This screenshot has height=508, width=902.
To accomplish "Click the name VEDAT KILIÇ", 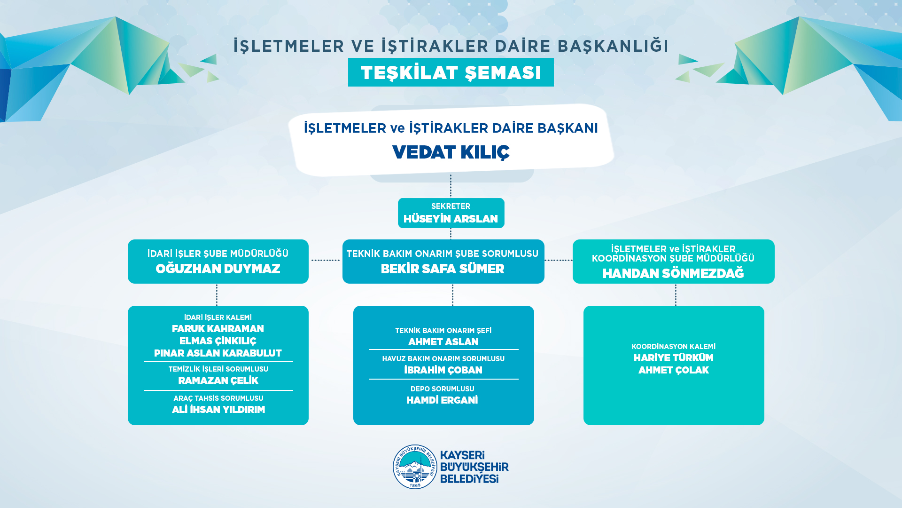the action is [x=451, y=152].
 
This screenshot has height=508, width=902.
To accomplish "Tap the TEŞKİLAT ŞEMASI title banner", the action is [x=451, y=72].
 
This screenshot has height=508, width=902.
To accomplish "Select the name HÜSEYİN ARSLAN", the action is [x=451, y=219].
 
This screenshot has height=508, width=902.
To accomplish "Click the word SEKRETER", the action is [x=451, y=206].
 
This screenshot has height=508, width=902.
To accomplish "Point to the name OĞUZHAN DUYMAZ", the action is [x=218, y=269].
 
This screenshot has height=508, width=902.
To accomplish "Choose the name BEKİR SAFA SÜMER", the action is [x=443, y=269].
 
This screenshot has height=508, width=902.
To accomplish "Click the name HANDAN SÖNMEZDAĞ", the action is [x=673, y=273].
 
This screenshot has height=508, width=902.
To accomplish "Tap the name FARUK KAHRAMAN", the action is [x=218, y=329].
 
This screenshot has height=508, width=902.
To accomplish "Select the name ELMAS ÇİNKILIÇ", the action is [x=218, y=341].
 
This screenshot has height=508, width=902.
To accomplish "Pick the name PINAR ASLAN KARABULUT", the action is [x=218, y=353].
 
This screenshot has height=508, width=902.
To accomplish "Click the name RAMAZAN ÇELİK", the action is [x=218, y=381].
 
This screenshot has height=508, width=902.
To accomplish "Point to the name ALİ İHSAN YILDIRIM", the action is [x=218, y=410].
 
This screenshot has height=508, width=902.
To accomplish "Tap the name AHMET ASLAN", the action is [x=443, y=342].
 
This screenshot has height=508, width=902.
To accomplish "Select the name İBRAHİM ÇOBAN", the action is [x=443, y=370].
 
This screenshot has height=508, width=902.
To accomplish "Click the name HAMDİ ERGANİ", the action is [x=442, y=400].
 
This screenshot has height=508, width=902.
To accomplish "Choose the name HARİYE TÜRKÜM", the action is [x=674, y=358].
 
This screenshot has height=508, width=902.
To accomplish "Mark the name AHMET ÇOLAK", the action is [x=674, y=370].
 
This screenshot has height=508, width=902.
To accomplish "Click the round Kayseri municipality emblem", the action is [x=415, y=467].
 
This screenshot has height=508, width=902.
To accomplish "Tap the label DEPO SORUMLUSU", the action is [x=443, y=389].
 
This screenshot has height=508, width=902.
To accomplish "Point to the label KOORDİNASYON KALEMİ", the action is [x=674, y=347].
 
